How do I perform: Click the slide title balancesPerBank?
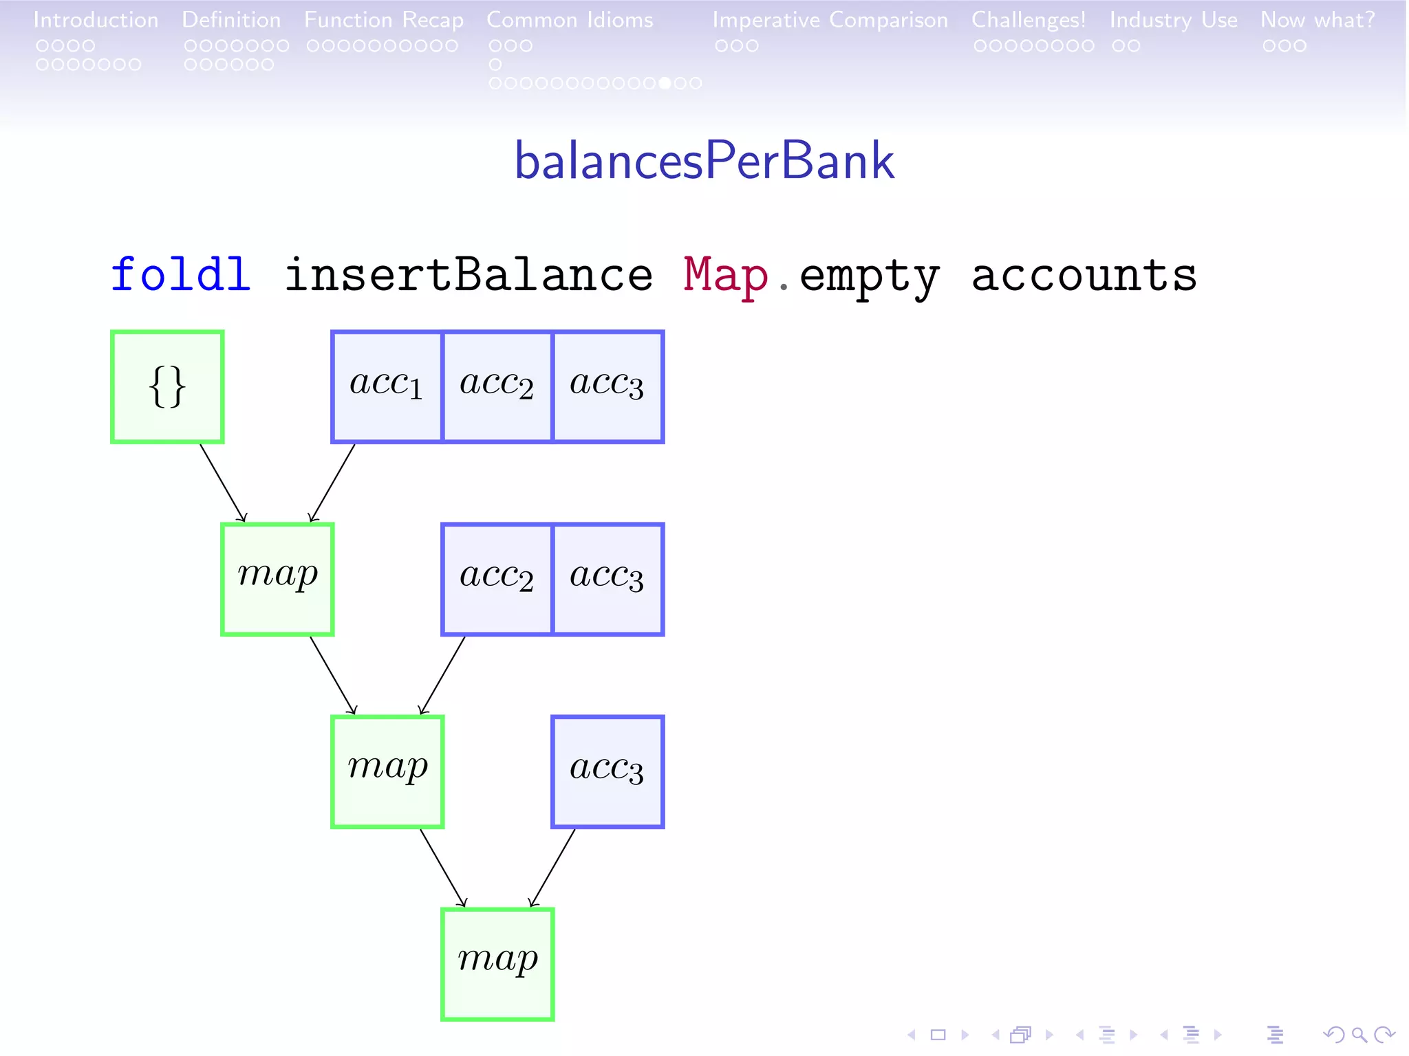[704, 161]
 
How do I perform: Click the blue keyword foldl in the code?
[180, 275]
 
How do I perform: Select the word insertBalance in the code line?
[468, 275]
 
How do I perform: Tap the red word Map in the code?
[725, 275]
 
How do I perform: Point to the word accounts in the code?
[1084, 275]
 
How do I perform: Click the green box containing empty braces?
[167, 386]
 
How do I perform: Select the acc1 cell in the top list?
[387, 386]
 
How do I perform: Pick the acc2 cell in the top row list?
[497, 386]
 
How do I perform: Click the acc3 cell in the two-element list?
[607, 579]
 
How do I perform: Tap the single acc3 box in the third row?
[607, 771]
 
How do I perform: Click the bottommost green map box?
[497, 964]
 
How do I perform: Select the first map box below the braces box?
[277, 579]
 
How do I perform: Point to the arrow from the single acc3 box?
[552, 868]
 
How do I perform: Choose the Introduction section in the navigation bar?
[96, 20]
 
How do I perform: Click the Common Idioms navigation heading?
[570, 20]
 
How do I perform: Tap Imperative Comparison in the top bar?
[830, 20]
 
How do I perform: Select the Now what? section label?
[1317, 20]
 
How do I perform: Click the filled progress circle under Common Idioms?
[665, 83]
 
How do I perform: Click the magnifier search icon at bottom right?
[1359, 1035]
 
